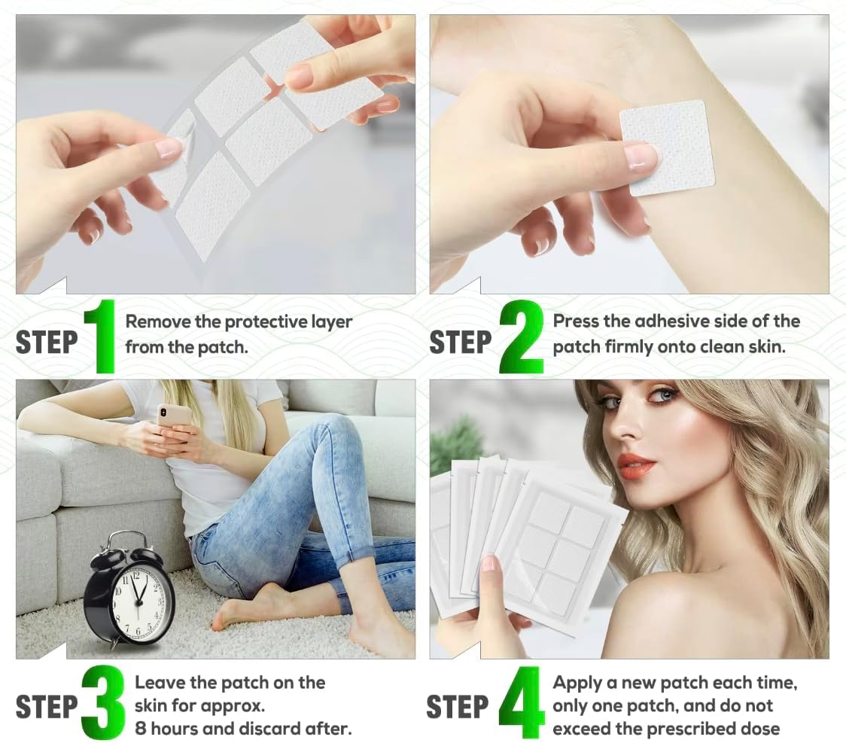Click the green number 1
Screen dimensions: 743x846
(101, 336)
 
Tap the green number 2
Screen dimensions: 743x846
(521, 336)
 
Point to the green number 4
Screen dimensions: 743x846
(522, 702)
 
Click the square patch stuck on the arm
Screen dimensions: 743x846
(667, 148)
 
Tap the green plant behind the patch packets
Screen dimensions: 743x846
(458, 440)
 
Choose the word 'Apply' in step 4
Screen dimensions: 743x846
(576, 684)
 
